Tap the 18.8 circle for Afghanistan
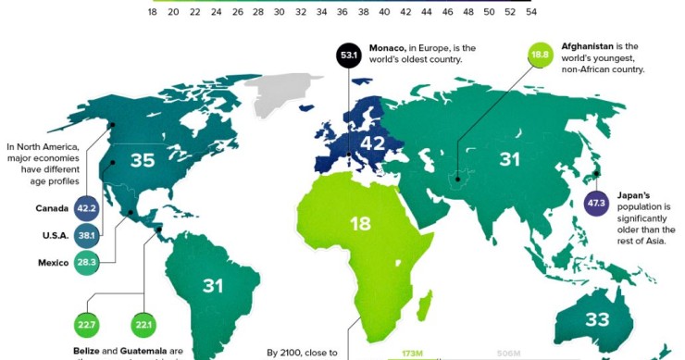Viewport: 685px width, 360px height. point(540,55)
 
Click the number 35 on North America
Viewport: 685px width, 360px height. point(142,161)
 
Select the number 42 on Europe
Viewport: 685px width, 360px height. point(372,144)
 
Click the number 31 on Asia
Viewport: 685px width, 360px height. point(510,160)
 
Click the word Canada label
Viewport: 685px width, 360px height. point(52,208)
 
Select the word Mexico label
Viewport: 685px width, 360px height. point(53,264)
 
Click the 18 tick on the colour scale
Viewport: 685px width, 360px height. point(153,13)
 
